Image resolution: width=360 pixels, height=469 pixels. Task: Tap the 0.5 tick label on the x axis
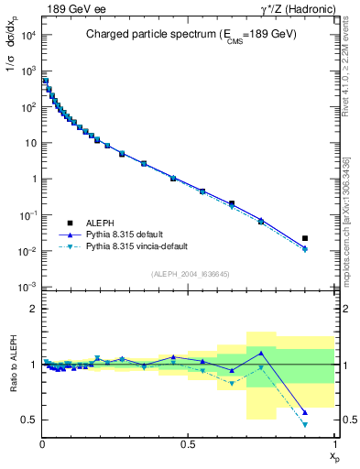[188, 444]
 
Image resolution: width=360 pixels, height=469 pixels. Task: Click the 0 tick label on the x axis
[43, 444]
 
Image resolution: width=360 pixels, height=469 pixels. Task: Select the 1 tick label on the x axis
[334, 444]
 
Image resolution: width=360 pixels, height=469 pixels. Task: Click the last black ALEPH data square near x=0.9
[305, 238]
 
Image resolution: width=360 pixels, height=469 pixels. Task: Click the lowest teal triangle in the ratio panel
[305, 425]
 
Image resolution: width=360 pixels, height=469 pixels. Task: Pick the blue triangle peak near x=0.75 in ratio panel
[261, 353]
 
